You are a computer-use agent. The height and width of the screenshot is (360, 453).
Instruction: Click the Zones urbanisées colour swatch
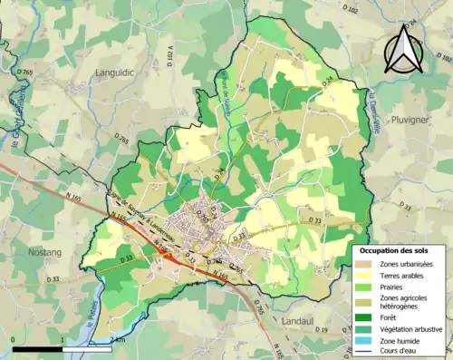point(365,263)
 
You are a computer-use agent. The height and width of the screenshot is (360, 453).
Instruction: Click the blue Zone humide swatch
point(365,340)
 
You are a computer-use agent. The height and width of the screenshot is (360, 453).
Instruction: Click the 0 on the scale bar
point(14,340)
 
